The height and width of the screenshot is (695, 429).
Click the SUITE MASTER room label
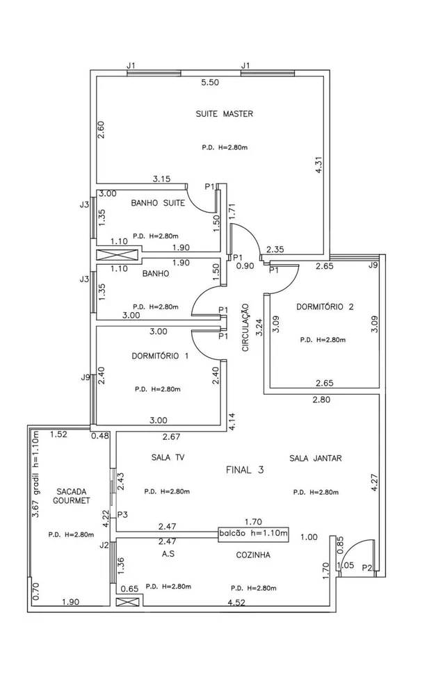(224, 114)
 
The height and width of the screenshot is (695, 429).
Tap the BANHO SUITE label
(158, 204)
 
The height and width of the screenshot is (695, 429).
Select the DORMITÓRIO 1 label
(160, 356)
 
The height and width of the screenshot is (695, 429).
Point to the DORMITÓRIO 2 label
(325, 306)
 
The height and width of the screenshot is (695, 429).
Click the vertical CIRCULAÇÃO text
(245, 327)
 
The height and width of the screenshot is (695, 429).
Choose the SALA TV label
(166, 458)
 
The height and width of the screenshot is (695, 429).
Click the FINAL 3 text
(245, 471)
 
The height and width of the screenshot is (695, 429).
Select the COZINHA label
(251, 555)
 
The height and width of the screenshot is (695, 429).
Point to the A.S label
(168, 555)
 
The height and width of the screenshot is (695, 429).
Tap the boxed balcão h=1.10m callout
(252, 533)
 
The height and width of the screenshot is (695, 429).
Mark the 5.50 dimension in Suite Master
(210, 83)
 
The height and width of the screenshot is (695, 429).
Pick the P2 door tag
(367, 569)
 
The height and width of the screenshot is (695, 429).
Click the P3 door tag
(123, 515)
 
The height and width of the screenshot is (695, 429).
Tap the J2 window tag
(104, 546)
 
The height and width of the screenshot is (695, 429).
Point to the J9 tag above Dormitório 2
(373, 265)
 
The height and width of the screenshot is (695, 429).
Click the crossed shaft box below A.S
(128, 600)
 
